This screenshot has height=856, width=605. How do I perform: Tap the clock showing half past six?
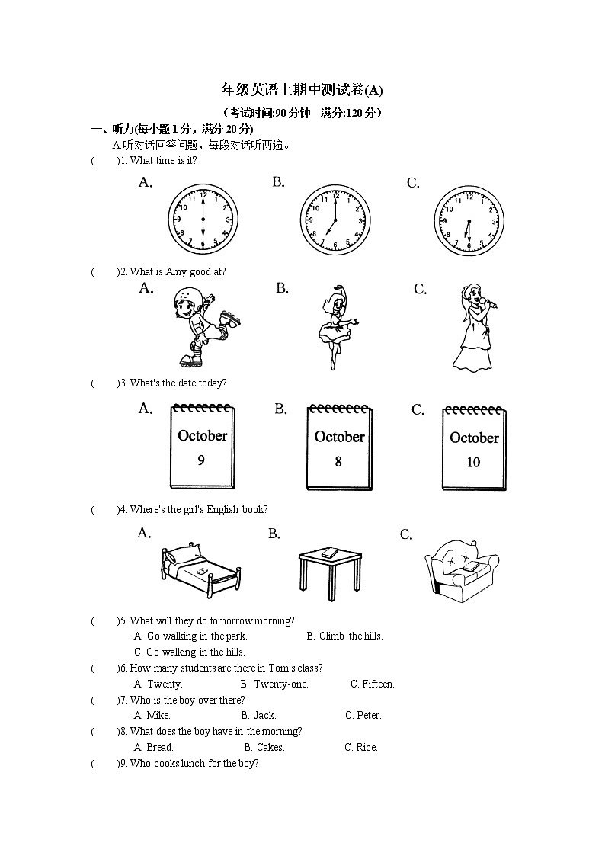tap(469, 221)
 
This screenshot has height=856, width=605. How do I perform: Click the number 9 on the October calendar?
tap(201, 460)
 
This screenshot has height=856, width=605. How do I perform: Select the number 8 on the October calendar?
tap(338, 462)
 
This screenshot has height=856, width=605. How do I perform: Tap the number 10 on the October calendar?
tap(473, 463)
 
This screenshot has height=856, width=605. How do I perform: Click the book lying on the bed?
tap(202, 570)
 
